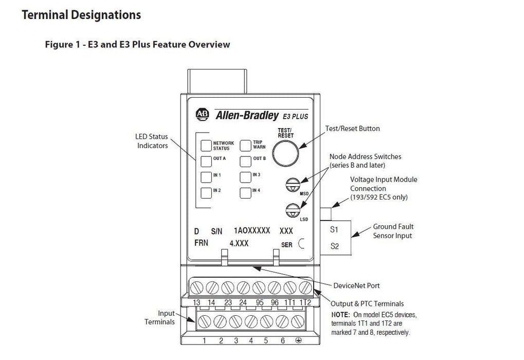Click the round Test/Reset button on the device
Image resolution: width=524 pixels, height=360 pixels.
click(x=285, y=152)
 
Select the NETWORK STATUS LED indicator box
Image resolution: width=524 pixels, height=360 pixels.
click(x=206, y=145)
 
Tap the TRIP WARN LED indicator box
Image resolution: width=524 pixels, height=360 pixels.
click(x=245, y=145)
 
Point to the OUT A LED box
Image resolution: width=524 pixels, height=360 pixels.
click(x=206, y=160)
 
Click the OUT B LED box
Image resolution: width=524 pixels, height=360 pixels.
click(x=245, y=160)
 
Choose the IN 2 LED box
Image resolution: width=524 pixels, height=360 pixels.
click(x=206, y=193)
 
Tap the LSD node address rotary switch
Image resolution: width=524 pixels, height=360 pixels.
click(x=293, y=209)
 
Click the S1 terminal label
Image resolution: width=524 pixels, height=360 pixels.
click(x=334, y=229)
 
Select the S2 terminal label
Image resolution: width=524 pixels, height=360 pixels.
click(x=334, y=246)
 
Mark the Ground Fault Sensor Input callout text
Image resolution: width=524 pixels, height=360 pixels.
click(x=393, y=231)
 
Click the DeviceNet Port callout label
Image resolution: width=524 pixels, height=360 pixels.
click(x=356, y=285)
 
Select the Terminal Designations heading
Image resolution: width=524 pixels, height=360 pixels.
click(x=82, y=15)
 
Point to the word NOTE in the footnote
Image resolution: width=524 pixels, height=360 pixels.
click(x=340, y=314)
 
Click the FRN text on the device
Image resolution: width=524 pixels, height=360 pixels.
click(x=201, y=243)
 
